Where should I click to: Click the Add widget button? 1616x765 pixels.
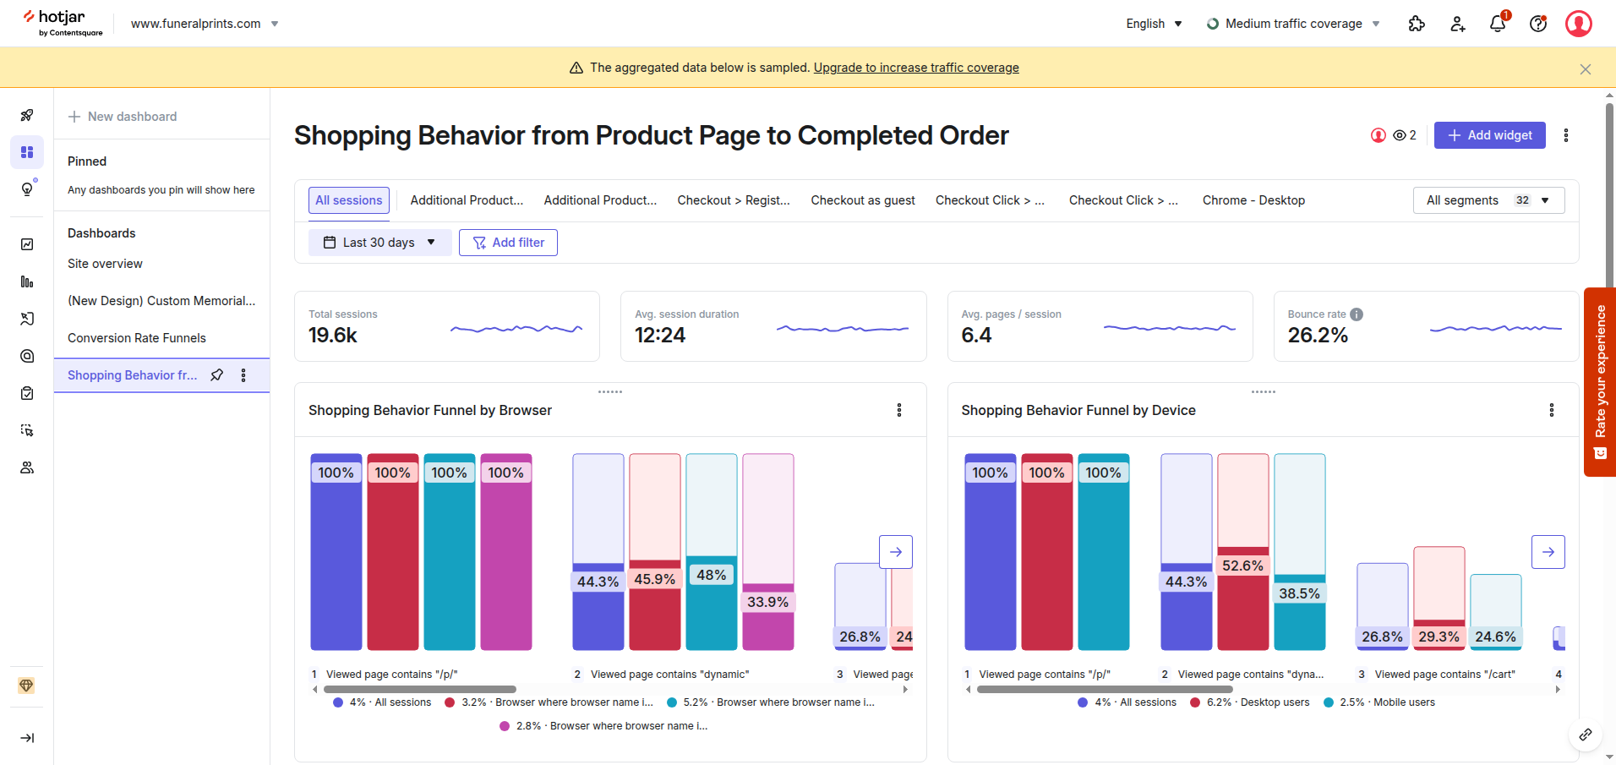[1489, 135]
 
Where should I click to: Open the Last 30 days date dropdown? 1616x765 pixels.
[379, 243]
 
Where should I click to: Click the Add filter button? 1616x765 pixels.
[508, 243]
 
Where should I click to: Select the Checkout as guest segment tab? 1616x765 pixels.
[862, 200]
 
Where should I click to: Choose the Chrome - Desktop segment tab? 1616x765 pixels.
[1253, 200]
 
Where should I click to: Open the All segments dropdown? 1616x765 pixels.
[1488, 200]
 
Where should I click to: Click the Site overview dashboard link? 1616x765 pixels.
[105, 264]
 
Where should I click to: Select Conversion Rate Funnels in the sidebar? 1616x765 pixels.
[137, 338]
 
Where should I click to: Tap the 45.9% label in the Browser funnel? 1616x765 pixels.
[654, 579]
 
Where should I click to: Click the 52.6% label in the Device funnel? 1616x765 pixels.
[1242, 566]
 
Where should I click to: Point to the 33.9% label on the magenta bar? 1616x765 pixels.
[767, 602]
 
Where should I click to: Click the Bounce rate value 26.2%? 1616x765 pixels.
[1317, 336]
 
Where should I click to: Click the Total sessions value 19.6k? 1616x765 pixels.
[333, 336]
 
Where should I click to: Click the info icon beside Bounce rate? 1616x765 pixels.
[1357, 314]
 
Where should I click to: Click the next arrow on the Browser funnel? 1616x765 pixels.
[895, 552]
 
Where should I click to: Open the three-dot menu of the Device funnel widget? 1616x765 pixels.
[1551, 410]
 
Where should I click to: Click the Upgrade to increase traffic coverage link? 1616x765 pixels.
[916, 68]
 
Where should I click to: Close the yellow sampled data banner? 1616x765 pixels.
[1585, 69]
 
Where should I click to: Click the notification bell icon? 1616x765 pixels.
[1497, 24]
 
